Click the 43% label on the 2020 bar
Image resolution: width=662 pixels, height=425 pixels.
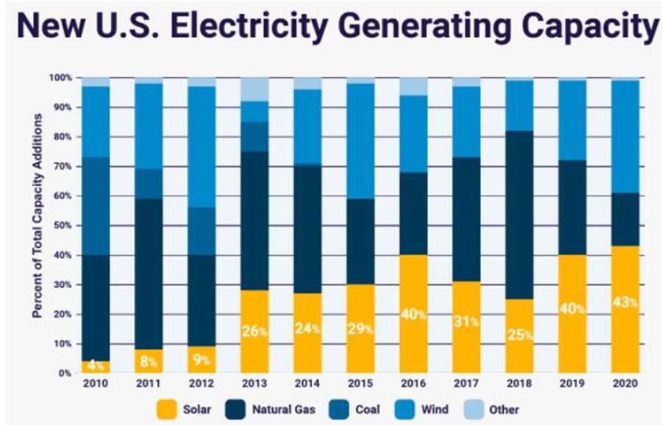tap(625, 302)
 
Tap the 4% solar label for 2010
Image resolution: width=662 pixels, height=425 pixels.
tap(96, 365)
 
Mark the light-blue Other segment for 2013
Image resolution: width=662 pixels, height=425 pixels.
tap(255, 89)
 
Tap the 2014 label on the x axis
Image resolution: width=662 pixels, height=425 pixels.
tap(307, 384)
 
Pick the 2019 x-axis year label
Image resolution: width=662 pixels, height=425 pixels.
tap(572, 384)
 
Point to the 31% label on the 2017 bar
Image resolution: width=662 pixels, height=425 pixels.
tap(466, 322)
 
